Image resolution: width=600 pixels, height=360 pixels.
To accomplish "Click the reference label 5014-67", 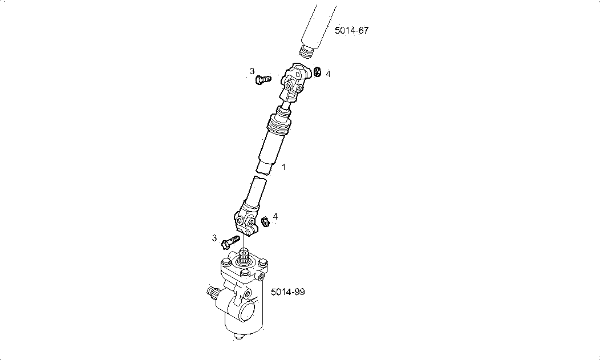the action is click(352, 31).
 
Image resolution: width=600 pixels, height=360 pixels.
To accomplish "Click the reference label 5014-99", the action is click(288, 292).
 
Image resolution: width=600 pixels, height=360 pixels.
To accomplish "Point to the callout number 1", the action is click(283, 167).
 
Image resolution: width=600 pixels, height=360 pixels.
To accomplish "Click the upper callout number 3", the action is click(252, 71).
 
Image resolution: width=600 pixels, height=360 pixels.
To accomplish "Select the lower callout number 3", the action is click(214, 238).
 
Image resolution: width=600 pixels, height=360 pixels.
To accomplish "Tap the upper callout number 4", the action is click(328, 74).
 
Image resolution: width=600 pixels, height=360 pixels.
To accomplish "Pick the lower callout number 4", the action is click(275, 217).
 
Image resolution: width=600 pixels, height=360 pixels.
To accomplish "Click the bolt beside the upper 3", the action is click(263, 79).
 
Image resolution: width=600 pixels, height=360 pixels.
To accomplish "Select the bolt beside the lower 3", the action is click(231, 242).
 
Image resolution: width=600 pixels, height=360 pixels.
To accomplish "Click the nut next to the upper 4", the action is click(317, 71).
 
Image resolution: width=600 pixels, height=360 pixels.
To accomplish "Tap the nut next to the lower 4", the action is click(265, 221).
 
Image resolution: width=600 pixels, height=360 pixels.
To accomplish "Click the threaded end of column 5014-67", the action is click(306, 52).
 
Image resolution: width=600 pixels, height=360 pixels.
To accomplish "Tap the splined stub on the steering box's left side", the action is click(212, 292).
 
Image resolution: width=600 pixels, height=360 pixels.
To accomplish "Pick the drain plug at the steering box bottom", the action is click(238, 337).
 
